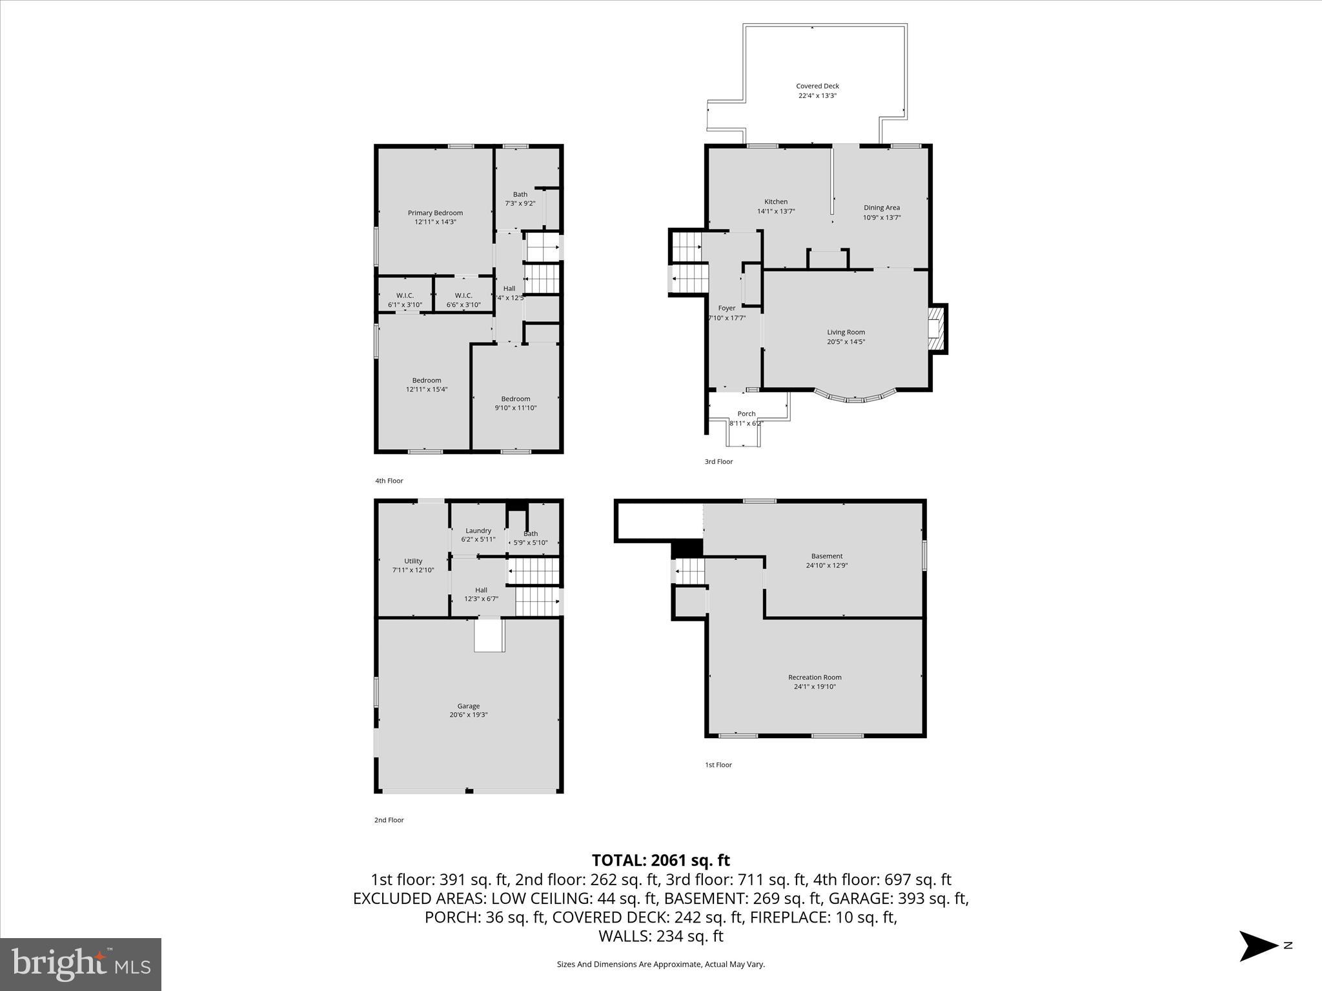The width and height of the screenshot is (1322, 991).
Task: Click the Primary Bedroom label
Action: pyautogui.click(x=435, y=213)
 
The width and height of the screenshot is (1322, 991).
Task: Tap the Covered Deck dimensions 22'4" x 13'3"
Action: pyautogui.click(x=817, y=95)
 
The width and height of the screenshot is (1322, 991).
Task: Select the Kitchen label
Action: pyautogui.click(x=776, y=202)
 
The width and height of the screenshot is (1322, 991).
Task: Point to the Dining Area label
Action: pyautogui.click(x=882, y=208)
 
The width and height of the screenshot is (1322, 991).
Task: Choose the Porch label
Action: pyautogui.click(x=746, y=414)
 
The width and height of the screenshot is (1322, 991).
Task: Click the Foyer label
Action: pyautogui.click(x=727, y=308)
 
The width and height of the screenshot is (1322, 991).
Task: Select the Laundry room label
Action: pyautogui.click(x=478, y=530)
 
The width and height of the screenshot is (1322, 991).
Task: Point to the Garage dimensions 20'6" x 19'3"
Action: pyautogui.click(x=469, y=715)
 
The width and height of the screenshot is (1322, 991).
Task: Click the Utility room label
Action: pyautogui.click(x=413, y=561)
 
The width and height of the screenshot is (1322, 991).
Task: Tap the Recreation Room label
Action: pyautogui.click(x=815, y=677)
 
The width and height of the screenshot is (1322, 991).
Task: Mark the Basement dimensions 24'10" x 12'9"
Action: pyautogui.click(x=826, y=565)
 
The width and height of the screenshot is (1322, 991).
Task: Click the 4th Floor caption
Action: pyautogui.click(x=389, y=481)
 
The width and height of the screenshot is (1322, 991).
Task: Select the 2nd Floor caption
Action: pyautogui.click(x=389, y=820)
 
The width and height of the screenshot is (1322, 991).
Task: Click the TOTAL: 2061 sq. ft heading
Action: pyautogui.click(x=660, y=860)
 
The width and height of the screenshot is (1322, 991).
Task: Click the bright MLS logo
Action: pyautogui.click(x=81, y=964)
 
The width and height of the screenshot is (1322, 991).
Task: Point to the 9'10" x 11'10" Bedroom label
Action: pyautogui.click(x=515, y=399)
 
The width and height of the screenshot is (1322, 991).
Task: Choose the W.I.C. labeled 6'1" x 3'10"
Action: pyautogui.click(x=405, y=295)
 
